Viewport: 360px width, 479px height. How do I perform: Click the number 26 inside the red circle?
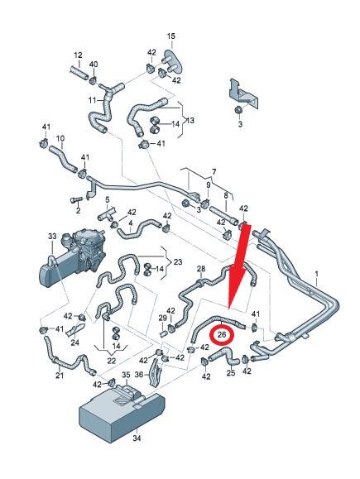tap(222, 334)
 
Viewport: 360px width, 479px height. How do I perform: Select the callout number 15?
tap(171, 36)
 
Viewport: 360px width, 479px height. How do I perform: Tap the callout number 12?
tap(78, 55)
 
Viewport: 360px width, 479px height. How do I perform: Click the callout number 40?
tap(94, 65)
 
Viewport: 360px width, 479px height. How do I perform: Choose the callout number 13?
tap(190, 120)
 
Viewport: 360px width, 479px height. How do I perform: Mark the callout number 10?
tap(60, 138)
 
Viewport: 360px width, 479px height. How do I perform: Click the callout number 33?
tap(52, 236)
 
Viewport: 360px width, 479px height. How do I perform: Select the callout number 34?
tap(137, 438)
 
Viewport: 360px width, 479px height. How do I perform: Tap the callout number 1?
tap(317, 274)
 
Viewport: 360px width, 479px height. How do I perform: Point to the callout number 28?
tap(201, 269)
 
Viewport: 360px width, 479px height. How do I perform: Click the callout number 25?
tap(231, 372)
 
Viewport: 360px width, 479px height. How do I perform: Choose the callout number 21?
tap(60, 375)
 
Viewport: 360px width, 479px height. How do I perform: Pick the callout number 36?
tap(139, 374)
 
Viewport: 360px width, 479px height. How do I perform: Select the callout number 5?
tap(108, 200)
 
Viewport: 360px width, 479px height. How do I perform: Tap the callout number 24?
tap(74, 342)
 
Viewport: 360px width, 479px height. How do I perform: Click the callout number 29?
tap(162, 318)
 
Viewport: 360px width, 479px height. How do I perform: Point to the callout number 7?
tap(214, 172)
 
